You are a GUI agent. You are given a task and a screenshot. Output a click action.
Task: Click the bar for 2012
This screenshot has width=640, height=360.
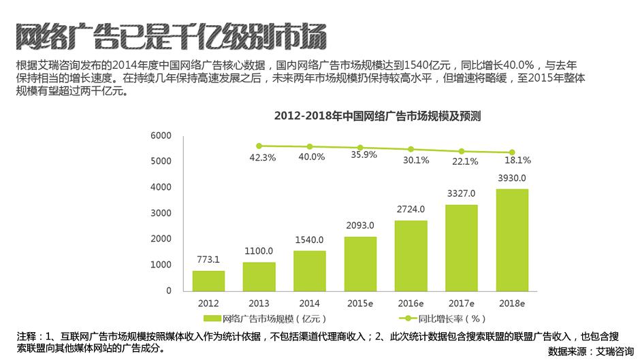208,280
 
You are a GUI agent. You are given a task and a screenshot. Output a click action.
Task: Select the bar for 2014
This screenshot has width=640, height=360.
310,270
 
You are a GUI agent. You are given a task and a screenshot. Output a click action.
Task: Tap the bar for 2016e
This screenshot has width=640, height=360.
411,255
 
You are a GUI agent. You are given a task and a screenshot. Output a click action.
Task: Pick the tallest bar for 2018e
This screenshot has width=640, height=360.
512,240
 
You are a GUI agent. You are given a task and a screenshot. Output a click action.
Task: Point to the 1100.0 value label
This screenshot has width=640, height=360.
259,250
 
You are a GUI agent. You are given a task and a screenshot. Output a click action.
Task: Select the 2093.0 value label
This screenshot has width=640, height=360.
360,225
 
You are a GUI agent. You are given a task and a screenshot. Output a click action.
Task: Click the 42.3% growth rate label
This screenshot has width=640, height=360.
263,158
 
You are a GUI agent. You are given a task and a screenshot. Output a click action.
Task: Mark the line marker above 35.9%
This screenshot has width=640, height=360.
360,148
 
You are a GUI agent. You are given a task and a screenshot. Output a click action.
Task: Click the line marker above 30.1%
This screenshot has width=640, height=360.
411,149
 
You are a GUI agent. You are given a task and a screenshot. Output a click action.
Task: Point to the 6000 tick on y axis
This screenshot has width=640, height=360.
161,136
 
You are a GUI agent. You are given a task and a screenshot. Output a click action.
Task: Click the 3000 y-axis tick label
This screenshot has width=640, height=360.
161,213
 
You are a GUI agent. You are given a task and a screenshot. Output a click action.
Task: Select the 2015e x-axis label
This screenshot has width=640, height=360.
360,302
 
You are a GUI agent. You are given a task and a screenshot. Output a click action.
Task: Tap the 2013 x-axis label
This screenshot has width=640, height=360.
259,302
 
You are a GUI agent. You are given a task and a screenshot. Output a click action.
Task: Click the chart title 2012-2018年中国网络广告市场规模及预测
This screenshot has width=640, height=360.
377,116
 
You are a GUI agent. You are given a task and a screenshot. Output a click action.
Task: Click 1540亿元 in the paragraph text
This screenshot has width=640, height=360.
428,66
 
